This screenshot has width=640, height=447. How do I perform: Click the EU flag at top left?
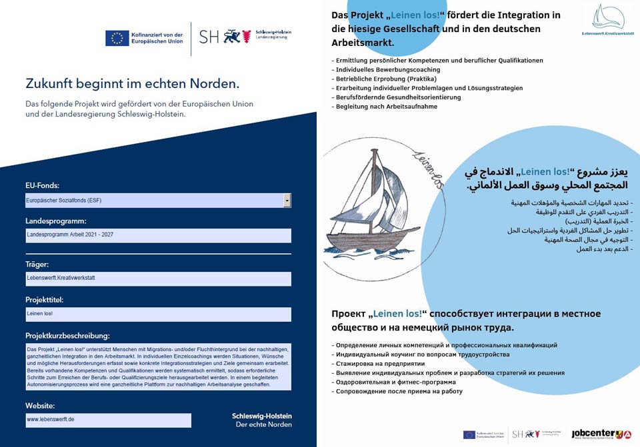pos(117,38)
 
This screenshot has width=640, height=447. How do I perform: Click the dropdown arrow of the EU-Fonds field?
pos(287,201)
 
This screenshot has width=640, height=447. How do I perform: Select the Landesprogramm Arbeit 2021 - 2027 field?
pos(158,235)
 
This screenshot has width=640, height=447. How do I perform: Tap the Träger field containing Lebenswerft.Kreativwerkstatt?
pos(158,279)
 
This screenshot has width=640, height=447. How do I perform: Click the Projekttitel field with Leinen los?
pos(158,314)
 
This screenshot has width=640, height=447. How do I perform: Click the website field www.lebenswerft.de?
pos(108,420)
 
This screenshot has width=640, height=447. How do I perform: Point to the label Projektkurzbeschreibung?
pos(67,335)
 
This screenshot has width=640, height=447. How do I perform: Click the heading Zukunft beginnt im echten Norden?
pos(132,84)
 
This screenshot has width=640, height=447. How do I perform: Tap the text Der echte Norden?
pos(263,425)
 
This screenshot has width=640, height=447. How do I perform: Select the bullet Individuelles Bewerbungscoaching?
pos(387,69)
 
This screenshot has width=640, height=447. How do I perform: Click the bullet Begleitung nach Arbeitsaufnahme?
pos(386,107)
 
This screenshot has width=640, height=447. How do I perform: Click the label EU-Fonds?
pos(42,185)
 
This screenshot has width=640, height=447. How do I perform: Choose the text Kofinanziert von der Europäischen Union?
pos(158,38)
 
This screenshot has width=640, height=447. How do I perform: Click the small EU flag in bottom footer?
pos(469,434)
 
